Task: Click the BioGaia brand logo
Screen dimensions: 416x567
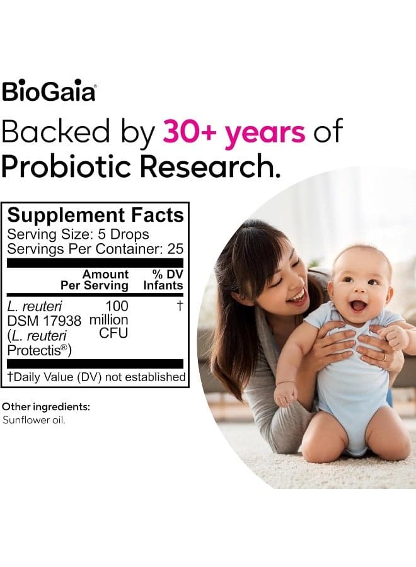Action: pyautogui.click(x=49, y=91)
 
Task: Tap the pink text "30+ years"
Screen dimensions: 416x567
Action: pyautogui.click(x=234, y=132)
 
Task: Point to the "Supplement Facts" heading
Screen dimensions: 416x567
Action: pyautogui.click(x=96, y=215)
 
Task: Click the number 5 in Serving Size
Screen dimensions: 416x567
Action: pyautogui.click(x=102, y=234)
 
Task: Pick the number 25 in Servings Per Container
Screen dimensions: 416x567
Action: pyautogui.click(x=175, y=249)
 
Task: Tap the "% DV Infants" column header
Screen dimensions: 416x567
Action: pyautogui.click(x=163, y=280)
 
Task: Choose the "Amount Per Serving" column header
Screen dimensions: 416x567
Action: pyautogui.click(x=95, y=280)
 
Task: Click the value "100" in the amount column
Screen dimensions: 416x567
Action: pyautogui.click(x=117, y=306)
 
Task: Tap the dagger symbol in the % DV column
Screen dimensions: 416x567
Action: pyautogui.click(x=180, y=306)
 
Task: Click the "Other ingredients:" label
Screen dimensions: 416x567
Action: pyautogui.click(x=46, y=407)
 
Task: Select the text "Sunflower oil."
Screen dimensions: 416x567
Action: pyautogui.click(x=34, y=420)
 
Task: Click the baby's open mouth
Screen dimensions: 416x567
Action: pyautogui.click(x=359, y=306)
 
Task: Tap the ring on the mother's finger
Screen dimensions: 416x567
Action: pyautogui.click(x=384, y=357)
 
